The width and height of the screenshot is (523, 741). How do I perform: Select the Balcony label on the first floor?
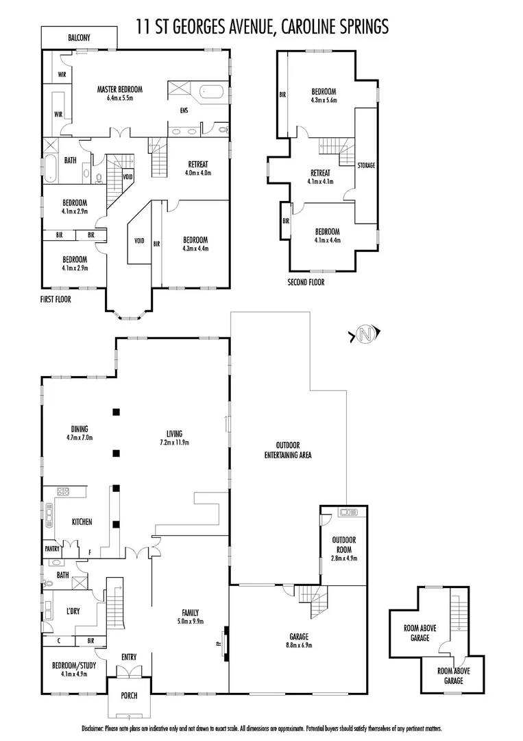(79, 38)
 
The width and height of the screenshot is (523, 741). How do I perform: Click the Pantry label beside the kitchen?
(53, 549)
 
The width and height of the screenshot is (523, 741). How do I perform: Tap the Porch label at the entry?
(129, 695)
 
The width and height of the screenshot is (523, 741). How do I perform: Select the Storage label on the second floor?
(366, 165)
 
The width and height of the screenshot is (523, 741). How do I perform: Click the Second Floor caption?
(306, 282)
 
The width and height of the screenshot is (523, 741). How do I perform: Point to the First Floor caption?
(56, 299)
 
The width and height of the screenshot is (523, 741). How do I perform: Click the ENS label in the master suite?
(184, 110)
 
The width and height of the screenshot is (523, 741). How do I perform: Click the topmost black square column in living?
(117, 412)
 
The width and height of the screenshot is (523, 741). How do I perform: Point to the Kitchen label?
(82, 522)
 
